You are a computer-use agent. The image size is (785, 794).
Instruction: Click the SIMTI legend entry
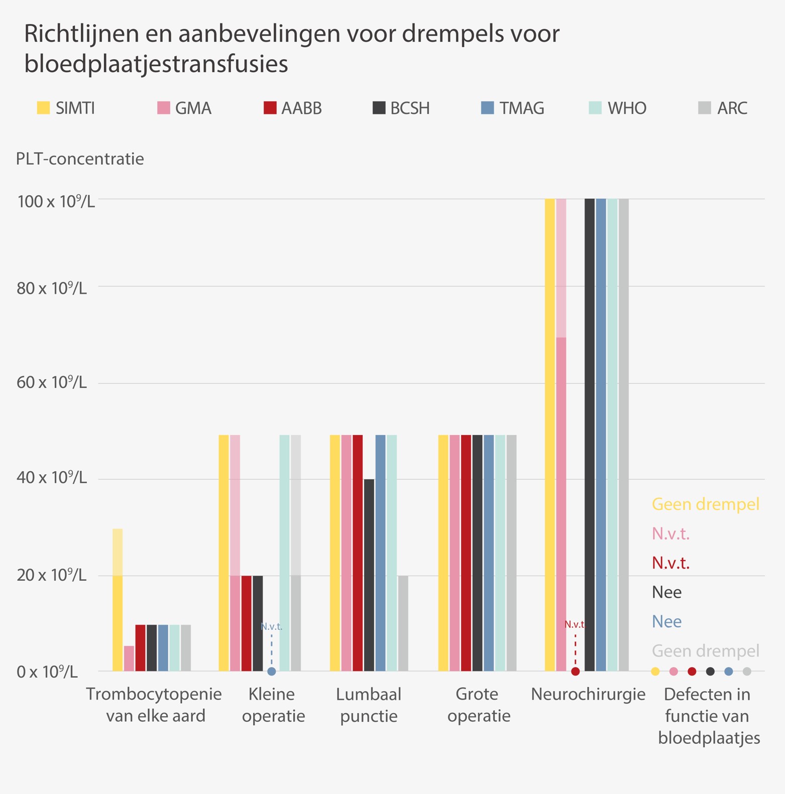click(66, 108)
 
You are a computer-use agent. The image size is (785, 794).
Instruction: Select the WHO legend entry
click(618, 108)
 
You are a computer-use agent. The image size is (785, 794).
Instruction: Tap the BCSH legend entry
click(401, 108)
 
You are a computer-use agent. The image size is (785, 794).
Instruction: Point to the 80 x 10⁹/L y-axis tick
click(52, 289)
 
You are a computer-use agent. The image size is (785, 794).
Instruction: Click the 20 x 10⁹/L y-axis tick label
click(52, 575)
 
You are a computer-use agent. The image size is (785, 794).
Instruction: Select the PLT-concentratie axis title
click(80, 159)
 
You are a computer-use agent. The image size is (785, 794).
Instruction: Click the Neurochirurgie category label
click(588, 694)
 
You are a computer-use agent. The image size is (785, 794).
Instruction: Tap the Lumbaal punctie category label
click(369, 705)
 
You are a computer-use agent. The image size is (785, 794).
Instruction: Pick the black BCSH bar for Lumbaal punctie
click(369, 575)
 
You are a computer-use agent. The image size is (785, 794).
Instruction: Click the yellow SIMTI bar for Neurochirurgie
click(550, 435)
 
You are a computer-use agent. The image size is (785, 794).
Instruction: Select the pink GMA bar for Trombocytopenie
click(129, 658)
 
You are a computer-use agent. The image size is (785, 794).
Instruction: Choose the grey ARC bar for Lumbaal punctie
click(403, 623)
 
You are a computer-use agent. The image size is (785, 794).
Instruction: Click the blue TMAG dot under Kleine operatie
click(272, 671)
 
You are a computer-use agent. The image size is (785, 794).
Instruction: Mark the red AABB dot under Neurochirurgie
click(576, 671)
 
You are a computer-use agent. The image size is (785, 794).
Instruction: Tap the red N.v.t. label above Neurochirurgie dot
click(574, 624)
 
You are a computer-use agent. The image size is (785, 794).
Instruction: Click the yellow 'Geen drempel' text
click(705, 504)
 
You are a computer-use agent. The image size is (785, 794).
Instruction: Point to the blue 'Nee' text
click(666, 621)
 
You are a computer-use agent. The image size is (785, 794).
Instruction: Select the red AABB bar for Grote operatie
click(466, 553)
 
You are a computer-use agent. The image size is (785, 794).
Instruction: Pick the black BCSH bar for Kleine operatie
click(258, 623)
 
